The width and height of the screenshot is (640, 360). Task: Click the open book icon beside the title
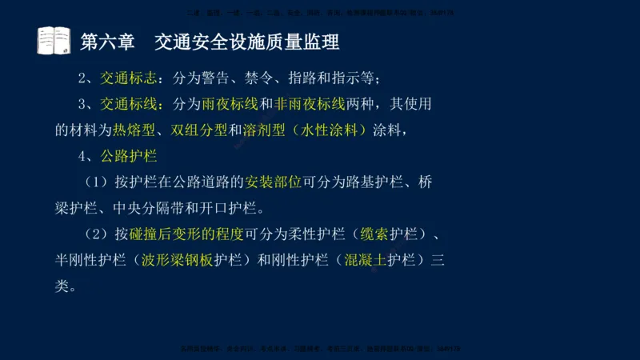coord(54,40)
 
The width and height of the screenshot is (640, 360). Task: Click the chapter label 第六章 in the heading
coord(108,41)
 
